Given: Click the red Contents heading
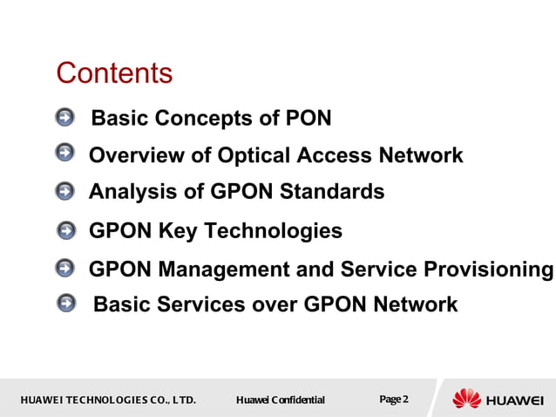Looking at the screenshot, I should pos(114,73).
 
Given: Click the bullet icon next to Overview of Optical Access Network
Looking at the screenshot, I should pos(65,154).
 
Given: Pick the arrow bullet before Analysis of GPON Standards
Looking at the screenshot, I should pos(65,190).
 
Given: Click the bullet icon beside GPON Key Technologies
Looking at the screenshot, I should pos(65,230).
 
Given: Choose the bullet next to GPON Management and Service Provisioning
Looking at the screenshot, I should pos(65,269).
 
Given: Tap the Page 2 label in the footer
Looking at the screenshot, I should pos(394,400).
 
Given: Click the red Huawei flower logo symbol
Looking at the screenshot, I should pos(467,399).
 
